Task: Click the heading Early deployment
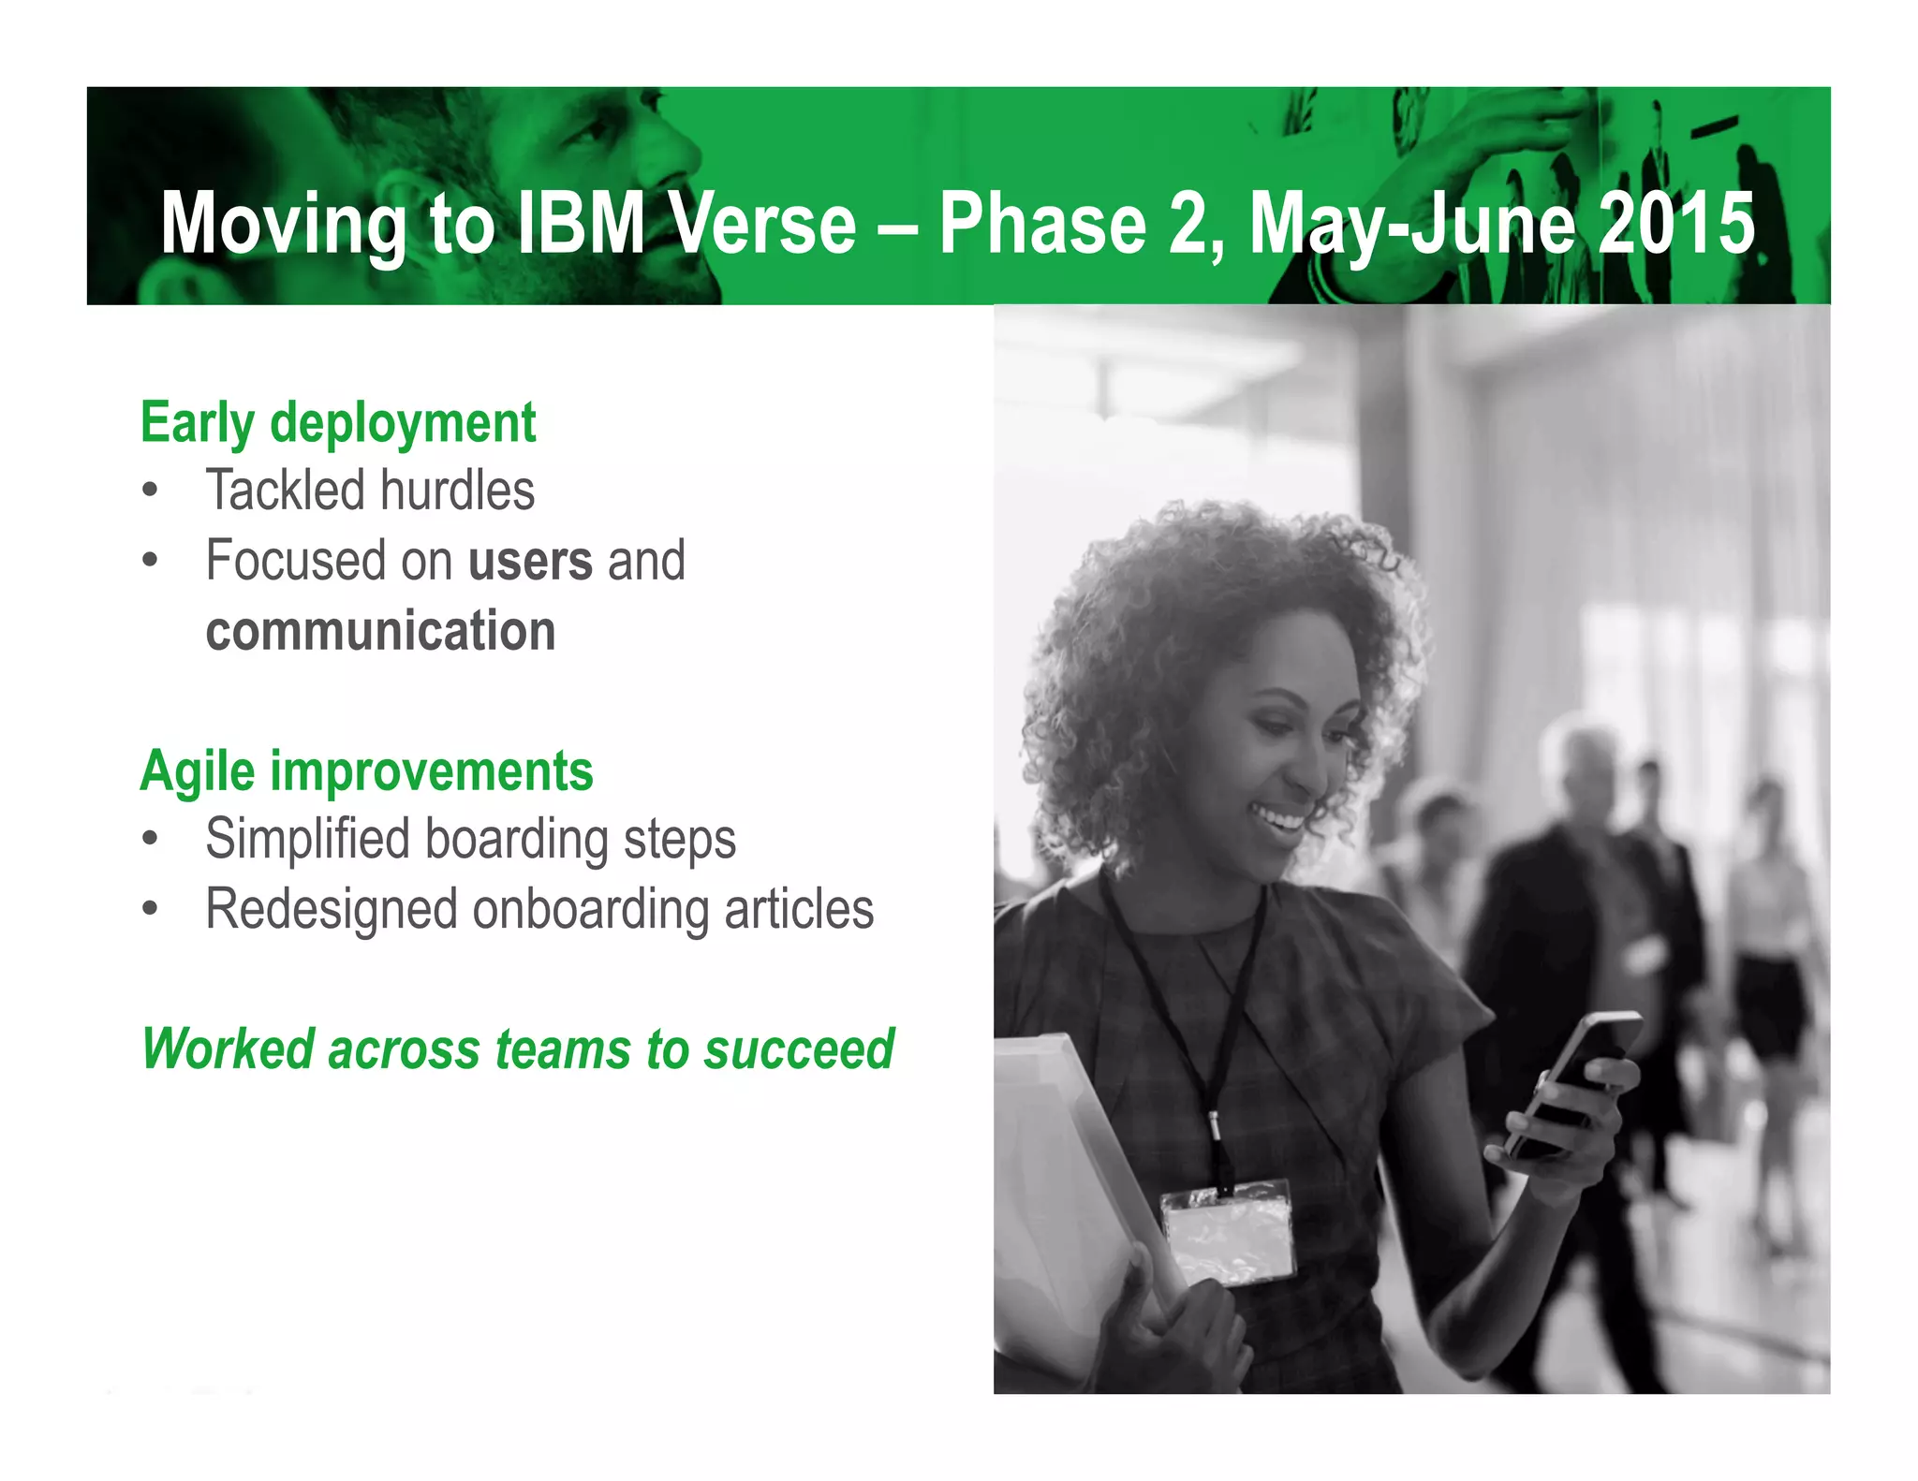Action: coord(338,423)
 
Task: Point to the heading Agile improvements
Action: coord(366,771)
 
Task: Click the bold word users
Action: coord(530,561)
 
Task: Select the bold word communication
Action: coord(380,631)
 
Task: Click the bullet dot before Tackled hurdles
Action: coord(150,491)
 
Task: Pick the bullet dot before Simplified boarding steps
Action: coord(150,839)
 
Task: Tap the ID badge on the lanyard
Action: coord(1228,1233)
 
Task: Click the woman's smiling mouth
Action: coord(1278,820)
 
